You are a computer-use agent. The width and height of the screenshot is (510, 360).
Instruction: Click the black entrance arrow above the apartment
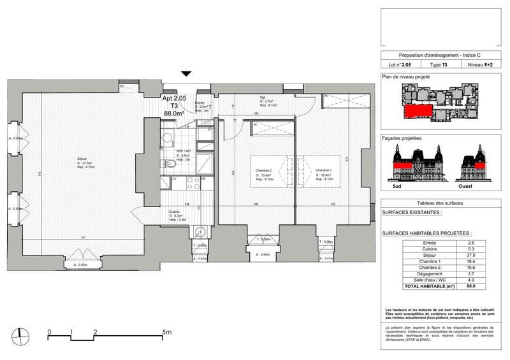pos(186,75)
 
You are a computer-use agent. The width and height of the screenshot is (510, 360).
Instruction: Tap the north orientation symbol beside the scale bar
pos(20,335)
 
